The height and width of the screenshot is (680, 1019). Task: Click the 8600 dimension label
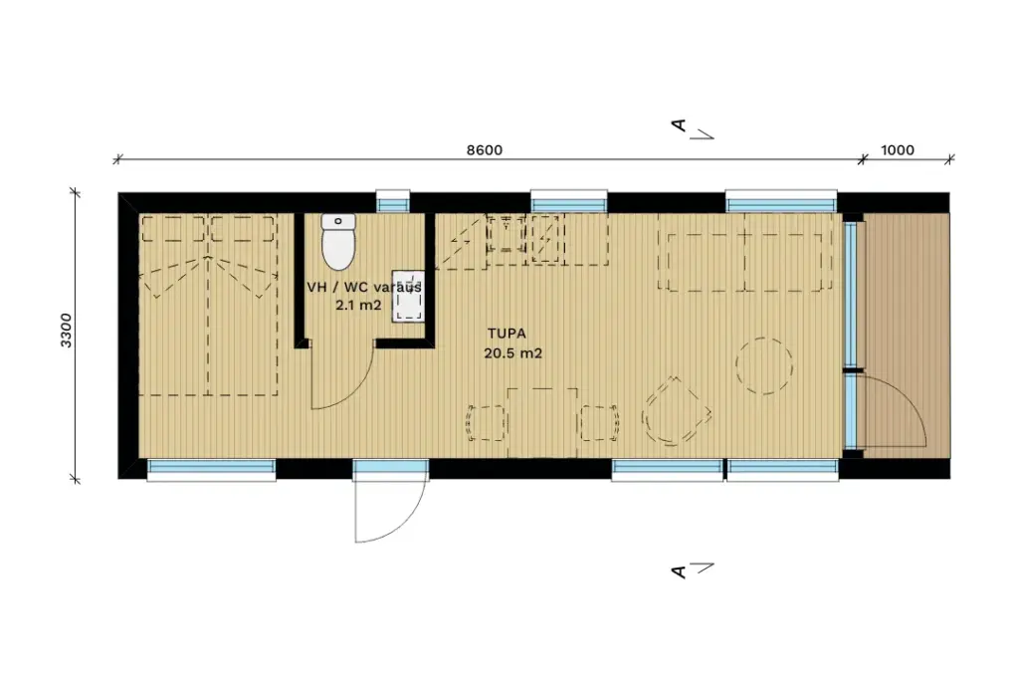(485, 150)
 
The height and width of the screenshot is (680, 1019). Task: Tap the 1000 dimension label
(897, 150)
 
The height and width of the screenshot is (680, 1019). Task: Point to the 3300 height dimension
(67, 331)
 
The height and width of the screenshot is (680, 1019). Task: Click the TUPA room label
(507, 334)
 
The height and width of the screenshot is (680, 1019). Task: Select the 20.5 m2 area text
(512, 353)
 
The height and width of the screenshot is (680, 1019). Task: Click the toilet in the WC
(338, 241)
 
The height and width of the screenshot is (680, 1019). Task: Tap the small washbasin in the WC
(408, 297)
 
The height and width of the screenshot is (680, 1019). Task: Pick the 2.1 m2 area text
(358, 305)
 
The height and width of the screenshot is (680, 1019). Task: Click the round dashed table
(764, 365)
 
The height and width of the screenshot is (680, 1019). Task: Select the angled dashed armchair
(676, 411)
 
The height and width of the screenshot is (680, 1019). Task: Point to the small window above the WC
(393, 201)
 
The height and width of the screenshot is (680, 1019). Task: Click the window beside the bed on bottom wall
(211, 469)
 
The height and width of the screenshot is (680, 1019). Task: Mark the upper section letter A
(679, 124)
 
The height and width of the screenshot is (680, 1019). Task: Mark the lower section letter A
(679, 572)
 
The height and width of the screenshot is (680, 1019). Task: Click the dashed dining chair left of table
(486, 422)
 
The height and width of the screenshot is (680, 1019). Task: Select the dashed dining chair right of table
(599, 422)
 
